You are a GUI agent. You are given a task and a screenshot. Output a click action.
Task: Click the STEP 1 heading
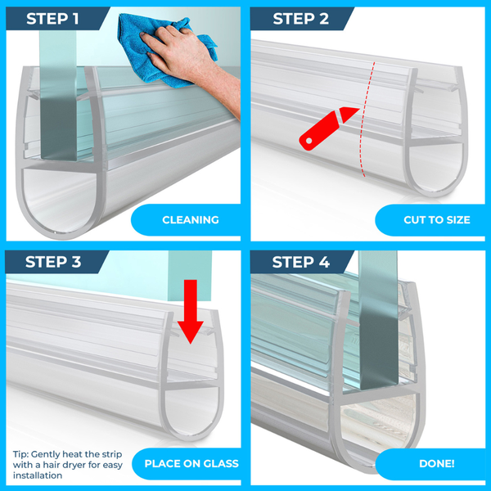[52, 19]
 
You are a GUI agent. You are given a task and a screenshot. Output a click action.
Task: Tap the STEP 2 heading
[300, 19]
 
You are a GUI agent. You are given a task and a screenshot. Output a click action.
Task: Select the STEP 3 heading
[53, 262]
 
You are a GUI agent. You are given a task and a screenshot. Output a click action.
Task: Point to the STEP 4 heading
[300, 262]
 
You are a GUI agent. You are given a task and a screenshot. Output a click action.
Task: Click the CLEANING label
[191, 220]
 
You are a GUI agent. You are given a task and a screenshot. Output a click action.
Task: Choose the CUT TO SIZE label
[437, 220]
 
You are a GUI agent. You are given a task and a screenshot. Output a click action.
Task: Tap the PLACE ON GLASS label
[191, 463]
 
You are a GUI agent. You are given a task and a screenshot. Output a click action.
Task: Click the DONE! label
[436, 463]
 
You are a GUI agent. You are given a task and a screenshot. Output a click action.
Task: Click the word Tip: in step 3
[20, 454]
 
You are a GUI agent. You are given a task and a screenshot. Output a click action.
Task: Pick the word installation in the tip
[38, 475]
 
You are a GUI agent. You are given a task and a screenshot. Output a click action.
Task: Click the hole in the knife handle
[309, 141]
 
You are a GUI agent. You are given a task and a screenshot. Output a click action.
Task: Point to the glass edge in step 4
[378, 319]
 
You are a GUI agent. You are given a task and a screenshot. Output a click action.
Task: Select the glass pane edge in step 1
[58, 94]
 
